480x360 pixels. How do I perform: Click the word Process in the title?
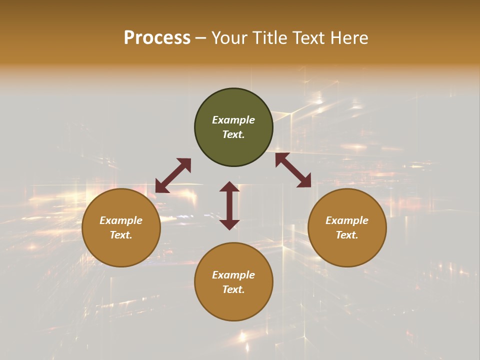tap(157, 38)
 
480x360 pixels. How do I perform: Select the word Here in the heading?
tap(349, 38)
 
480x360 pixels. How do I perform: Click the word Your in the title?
tap(230, 38)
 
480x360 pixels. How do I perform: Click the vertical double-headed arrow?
tap(229, 205)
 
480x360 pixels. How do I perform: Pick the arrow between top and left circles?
tap(173, 175)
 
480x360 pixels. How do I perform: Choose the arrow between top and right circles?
tap(293, 170)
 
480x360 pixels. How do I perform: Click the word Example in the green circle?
tap(233, 120)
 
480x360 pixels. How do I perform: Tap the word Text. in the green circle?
tap(233, 134)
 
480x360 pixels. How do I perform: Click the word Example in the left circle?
tap(121, 220)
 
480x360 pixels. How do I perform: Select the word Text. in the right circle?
tap(347, 235)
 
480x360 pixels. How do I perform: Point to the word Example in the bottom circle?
tap(233, 275)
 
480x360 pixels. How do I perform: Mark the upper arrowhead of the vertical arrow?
tap(229, 186)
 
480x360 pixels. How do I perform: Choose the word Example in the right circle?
tap(347, 220)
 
